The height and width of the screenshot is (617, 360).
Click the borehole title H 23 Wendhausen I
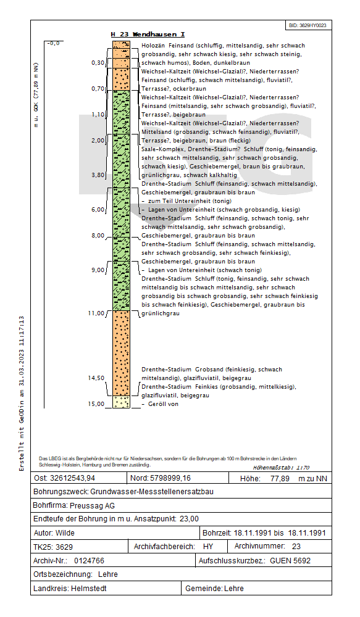[148, 34]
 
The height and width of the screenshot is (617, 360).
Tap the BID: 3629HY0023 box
[308, 25]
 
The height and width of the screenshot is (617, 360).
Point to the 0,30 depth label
[98, 62]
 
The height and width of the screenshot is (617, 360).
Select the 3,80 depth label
[98, 175]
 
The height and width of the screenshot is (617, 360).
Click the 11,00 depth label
[96, 313]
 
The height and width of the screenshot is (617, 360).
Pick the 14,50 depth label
[96, 378]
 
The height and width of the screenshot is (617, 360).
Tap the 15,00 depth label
[96, 404]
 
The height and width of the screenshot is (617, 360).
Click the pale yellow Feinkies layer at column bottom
[121, 402]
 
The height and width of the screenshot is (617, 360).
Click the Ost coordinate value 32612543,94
[72, 478]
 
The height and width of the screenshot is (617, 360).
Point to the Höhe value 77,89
[280, 479]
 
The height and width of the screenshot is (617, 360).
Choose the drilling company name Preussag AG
[92, 506]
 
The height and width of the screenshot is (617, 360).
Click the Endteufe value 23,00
[189, 519]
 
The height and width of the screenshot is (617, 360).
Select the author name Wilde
[65, 533]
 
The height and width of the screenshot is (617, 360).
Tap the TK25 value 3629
[64, 547]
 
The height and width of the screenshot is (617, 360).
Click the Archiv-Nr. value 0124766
[89, 560]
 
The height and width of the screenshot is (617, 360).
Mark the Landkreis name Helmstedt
[89, 588]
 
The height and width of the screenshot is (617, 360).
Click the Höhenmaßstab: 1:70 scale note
[281, 468]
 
